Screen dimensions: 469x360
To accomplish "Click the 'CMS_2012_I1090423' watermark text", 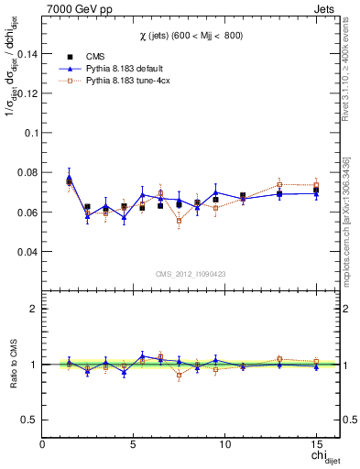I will coord(191,272).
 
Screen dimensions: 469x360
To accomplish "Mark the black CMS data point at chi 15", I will coord(316,191).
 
